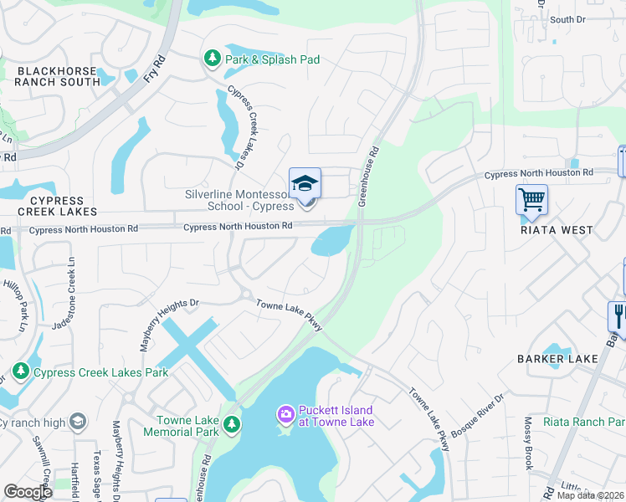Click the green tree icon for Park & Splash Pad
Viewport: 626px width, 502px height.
tap(213, 59)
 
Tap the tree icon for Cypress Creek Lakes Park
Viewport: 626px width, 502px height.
tap(21, 371)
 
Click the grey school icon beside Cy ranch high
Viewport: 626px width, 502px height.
tap(78, 421)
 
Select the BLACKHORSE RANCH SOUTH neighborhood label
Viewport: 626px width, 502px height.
tap(58, 76)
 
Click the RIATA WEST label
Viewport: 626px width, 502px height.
tap(557, 230)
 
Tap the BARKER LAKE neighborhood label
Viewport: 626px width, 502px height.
tap(557, 359)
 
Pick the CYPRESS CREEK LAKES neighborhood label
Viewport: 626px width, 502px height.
tap(56, 207)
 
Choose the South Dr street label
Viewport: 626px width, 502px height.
tap(567, 19)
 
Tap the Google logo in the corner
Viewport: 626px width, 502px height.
tap(28, 492)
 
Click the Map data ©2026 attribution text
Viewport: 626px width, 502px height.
tap(590, 495)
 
